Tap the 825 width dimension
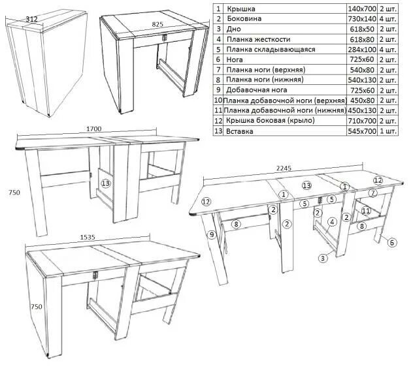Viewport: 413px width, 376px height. (157, 24)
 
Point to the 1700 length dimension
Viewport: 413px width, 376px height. (93, 129)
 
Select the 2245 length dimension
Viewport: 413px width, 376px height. (284, 168)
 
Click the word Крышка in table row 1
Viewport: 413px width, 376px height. (241, 9)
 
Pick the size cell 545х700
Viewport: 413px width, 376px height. (363, 131)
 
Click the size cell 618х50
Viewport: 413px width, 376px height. (363, 29)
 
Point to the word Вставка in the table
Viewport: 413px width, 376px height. (240, 131)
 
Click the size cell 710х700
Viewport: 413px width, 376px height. (363, 121)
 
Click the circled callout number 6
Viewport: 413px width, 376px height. (392, 243)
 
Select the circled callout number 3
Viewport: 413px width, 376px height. (323, 258)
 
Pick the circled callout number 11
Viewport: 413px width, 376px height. (366, 211)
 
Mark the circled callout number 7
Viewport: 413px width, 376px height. (372, 193)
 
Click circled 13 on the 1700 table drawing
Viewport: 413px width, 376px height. (106, 184)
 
